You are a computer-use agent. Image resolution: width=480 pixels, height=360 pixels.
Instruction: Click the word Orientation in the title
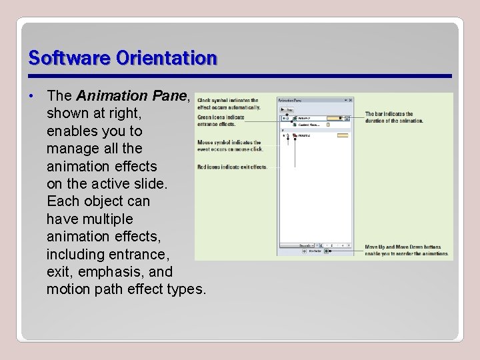coord(166,58)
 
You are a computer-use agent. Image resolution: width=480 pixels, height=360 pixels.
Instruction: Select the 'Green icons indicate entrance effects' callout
coord(221,121)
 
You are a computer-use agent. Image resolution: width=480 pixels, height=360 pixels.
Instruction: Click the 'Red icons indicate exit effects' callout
coord(232,167)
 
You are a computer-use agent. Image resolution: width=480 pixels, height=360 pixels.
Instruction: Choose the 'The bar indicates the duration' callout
coord(394,117)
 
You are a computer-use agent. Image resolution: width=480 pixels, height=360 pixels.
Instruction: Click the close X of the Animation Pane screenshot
coord(350,101)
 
